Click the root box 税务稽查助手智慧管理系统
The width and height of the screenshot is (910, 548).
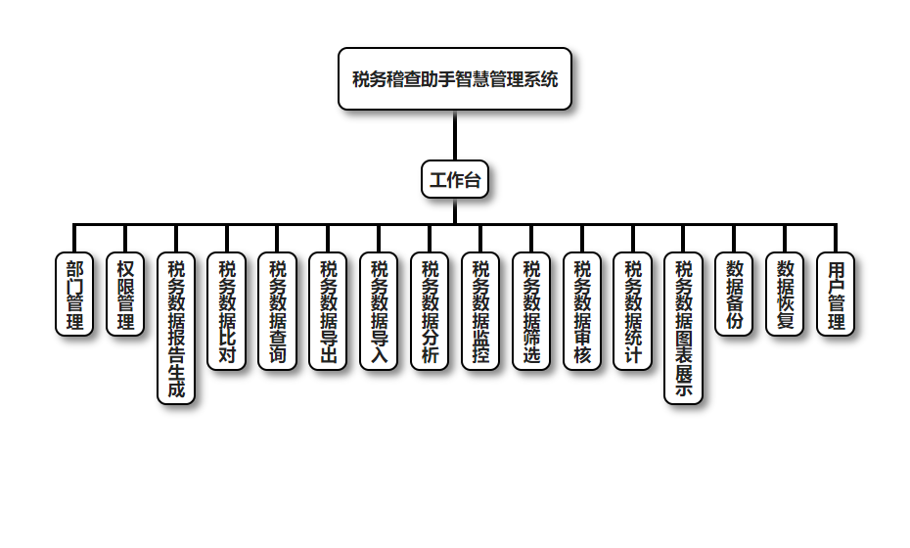point(455,79)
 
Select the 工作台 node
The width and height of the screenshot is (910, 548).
point(455,180)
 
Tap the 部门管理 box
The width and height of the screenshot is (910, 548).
point(74,295)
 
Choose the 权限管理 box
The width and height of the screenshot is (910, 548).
point(125,295)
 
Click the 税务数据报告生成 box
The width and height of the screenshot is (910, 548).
point(176,329)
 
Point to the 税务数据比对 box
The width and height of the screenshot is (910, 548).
point(227,311)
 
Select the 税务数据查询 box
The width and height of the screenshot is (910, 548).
point(278,311)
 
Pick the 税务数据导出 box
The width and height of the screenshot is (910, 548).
point(329,311)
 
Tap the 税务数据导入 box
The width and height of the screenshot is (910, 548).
point(380,311)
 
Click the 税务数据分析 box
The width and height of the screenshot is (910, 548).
point(431,311)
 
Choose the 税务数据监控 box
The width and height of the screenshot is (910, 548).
point(480,311)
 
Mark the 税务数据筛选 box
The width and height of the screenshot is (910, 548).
point(531,311)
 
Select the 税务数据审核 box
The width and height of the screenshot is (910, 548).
point(582,311)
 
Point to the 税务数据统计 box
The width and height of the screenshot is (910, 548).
point(633,311)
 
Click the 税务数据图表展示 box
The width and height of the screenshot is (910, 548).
point(684,329)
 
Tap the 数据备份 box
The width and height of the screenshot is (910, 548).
point(735,295)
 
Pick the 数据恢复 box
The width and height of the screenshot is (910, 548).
point(785,295)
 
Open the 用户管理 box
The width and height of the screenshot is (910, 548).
point(836,295)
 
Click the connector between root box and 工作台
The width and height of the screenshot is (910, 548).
point(455,135)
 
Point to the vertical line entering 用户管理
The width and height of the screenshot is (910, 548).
point(836,239)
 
